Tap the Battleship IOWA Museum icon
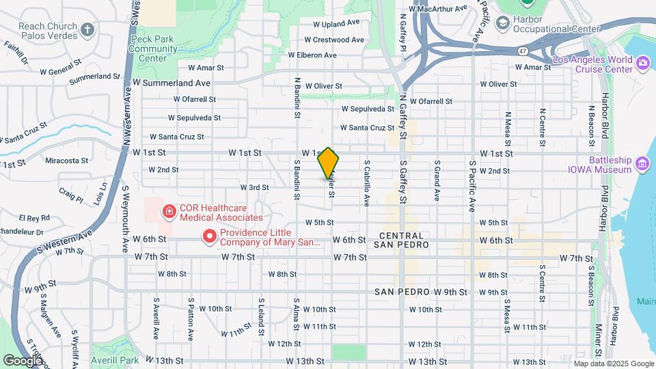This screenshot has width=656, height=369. point(642,163)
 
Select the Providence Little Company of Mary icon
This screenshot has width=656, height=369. point(210,237)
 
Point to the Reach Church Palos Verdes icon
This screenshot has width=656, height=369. point(86,29)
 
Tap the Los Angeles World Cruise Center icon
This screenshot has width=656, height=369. point(642,64)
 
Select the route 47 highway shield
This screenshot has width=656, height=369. point(521,51)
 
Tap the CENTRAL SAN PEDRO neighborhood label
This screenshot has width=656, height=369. point(403,239)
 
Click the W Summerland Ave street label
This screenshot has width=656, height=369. point(172,83)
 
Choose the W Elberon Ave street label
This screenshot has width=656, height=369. point(312,55)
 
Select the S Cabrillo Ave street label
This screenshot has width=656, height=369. point(367,183)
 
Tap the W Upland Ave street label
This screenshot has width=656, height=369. point(336,23)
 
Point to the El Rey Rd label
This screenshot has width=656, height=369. point(34,218)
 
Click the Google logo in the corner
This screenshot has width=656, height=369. point(23,360)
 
